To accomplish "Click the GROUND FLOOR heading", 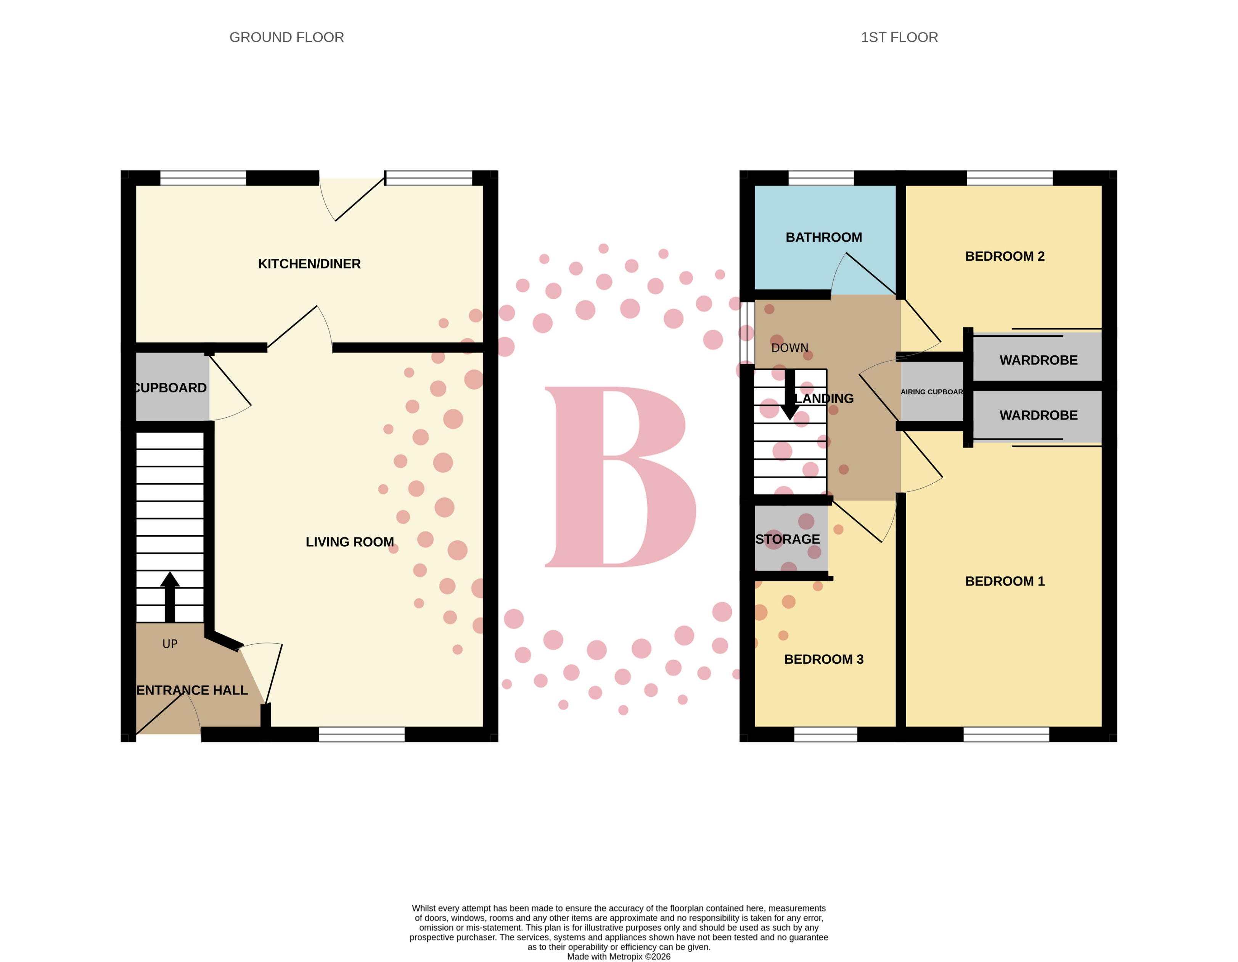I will (x=286, y=37).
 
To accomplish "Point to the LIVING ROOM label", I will (x=349, y=542).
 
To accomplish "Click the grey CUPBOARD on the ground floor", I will (x=171, y=388).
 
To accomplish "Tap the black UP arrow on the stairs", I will (x=169, y=596).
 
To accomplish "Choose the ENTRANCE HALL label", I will (x=192, y=690).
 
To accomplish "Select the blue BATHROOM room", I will (x=824, y=237).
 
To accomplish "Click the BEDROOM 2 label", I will (x=1005, y=257).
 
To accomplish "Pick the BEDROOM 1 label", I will (x=1005, y=581).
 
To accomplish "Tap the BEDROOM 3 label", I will (x=824, y=659).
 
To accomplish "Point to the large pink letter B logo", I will (x=621, y=476).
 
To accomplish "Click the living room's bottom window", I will (x=362, y=734).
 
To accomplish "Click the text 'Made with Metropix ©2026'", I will (x=619, y=956).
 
